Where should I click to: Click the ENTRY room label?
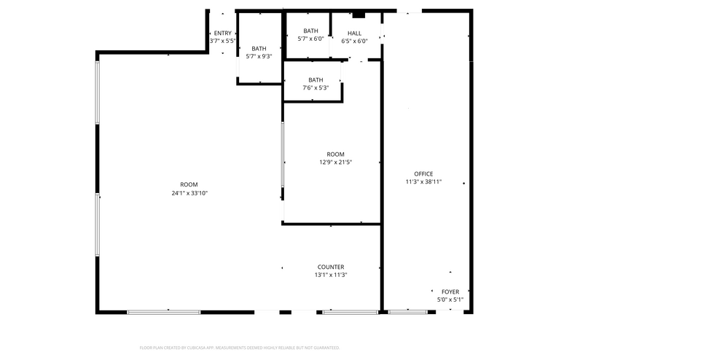pos(222,33)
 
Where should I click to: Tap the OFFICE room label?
pos(423,174)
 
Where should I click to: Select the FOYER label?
pos(450,291)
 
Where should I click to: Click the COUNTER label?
pos(330,267)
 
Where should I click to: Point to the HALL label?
pos(354,33)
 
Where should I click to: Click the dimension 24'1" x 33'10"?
pos(189,193)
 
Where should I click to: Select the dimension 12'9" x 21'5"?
pos(335,163)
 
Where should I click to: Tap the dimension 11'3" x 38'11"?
pos(423,182)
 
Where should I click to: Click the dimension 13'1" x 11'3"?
pos(330,275)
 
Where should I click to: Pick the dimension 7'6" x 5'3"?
pos(316,88)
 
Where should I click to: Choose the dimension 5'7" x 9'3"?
pos(259,56)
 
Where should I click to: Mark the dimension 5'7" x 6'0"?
pos(310,39)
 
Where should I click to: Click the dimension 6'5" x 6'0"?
pos(354,41)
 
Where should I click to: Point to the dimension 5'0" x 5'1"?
pos(450,300)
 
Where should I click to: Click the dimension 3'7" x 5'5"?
pos(222,41)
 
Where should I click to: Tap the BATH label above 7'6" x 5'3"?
pos(316,80)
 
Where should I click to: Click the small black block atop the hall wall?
pos(358,14)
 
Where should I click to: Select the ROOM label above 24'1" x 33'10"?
pos(189,184)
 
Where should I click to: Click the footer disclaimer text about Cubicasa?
pos(239,348)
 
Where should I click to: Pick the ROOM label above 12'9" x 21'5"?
pos(335,154)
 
